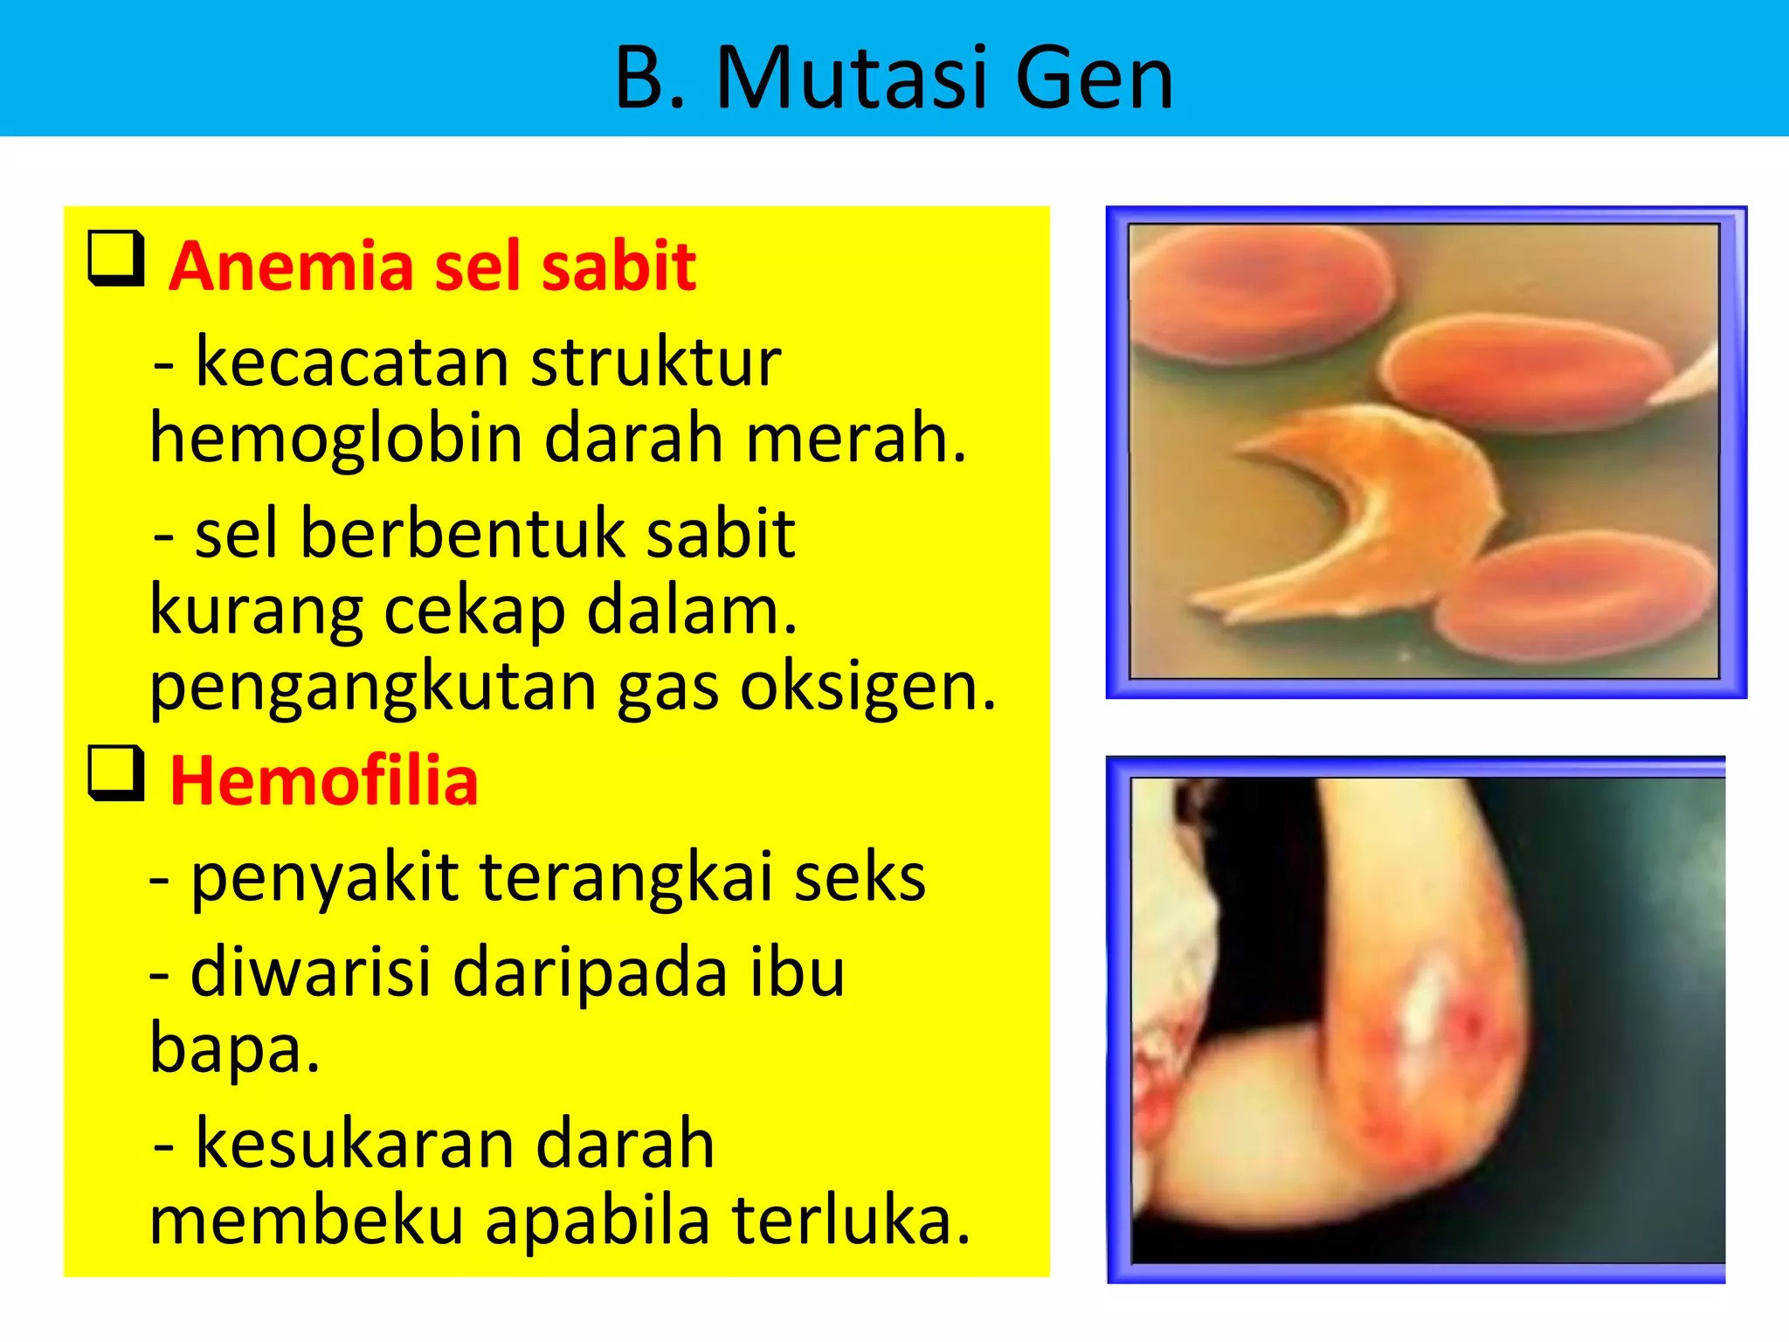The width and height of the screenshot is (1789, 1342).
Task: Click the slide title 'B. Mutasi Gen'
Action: click(x=894, y=79)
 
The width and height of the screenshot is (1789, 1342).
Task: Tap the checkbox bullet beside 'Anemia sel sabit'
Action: click(x=116, y=258)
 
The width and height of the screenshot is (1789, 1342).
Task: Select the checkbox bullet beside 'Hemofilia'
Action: click(x=116, y=773)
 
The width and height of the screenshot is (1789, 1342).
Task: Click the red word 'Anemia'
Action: click(x=291, y=266)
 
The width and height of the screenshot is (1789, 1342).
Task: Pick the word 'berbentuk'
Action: click(x=459, y=534)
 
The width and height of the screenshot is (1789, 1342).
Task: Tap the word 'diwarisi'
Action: click(x=311, y=972)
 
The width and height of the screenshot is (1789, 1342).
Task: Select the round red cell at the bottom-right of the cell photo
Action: click(x=1572, y=598)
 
